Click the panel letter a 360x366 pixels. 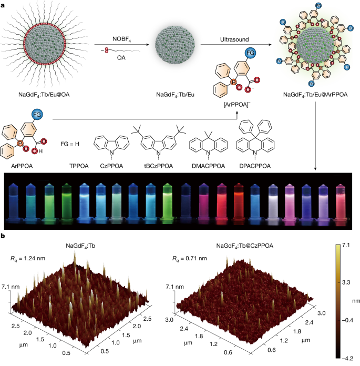4,4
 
